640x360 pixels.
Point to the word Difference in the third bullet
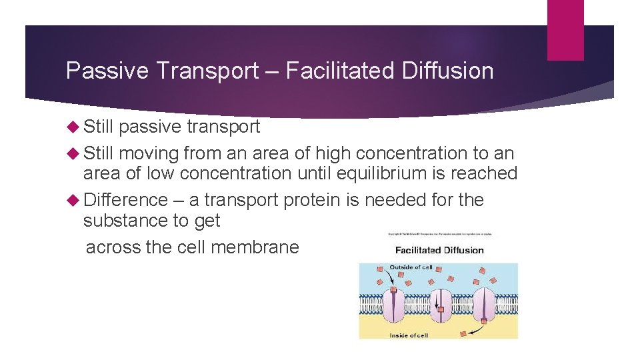(x=126, y=200)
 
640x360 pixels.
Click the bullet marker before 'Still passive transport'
(x=73, y=127)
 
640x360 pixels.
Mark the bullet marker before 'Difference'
(x=73, y=200)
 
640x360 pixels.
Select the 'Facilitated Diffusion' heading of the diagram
(x=439, y=251)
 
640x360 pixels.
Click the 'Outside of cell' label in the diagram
(x=411, y=267)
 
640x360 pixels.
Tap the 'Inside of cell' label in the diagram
(x=409, y=335)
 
